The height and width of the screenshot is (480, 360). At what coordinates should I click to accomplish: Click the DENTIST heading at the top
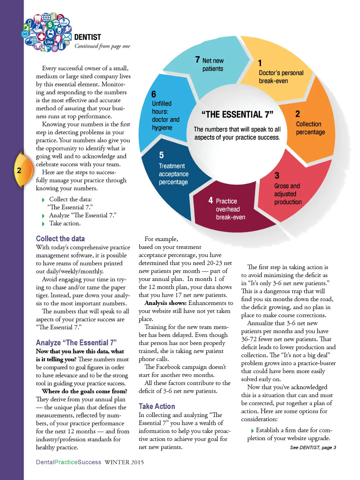pos(88,37)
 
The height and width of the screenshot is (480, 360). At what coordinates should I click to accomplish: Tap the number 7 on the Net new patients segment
pos(198,60)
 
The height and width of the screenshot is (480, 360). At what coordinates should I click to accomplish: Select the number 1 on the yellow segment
pos(260,63)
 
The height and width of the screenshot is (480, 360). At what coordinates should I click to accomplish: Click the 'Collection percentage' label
pos(310,128)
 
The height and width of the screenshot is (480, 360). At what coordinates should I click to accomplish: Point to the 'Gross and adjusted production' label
pos(288,194)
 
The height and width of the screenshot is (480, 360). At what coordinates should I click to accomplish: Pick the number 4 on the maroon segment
pos(211,200)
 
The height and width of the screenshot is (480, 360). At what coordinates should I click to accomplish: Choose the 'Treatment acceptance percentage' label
pos(173,174)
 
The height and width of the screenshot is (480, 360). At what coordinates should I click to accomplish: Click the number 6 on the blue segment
pos(154,94)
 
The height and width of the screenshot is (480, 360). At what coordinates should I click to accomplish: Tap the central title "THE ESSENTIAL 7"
pos(237,115)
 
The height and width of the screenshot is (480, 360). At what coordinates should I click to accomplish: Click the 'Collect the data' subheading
pos(60,239)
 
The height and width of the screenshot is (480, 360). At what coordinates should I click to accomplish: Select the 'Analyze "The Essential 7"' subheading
pos(76,343)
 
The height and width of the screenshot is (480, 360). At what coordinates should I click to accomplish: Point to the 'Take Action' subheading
pos(156,407)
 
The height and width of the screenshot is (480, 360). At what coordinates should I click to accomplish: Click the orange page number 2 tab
pos(20,171)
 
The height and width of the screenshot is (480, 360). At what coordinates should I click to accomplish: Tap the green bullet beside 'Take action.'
pos(43,224)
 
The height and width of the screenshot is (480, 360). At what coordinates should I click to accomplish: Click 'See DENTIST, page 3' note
pos(313,448)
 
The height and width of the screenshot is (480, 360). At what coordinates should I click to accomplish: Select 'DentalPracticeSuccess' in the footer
pos(69,462)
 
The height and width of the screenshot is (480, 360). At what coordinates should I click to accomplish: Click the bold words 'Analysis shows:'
pos(165,303)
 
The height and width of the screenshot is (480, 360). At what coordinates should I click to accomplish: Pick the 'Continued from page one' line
pos(102,46)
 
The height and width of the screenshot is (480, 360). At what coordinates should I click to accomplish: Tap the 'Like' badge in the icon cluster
pos(49,42)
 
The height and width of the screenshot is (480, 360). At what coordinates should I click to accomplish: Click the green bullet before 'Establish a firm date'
pos(252,431)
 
